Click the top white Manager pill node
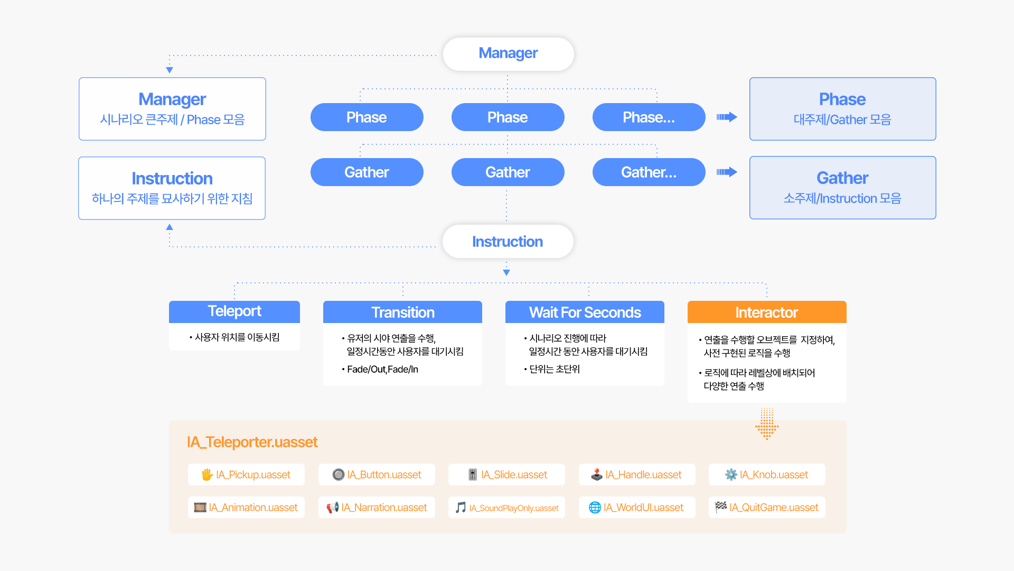pos(508,53)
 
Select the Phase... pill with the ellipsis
pos(649,117)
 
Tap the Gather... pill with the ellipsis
pos(649,172)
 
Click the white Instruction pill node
pos(508,242)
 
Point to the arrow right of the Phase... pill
pos(727,117)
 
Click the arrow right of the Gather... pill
pos(727,172)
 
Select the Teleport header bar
pos(234,311)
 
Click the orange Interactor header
pos(766,312)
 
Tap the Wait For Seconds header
pos(585,312)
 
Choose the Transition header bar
pos(402,312)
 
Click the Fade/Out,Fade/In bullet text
pos(382,370)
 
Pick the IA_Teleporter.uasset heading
pos(252,442)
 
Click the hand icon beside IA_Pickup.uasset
pos(207,475)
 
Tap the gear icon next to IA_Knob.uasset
pos(731,475)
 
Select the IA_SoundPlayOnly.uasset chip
pos(507,508)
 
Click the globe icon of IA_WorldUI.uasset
pos(595,508)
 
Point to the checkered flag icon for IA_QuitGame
pos(720,507)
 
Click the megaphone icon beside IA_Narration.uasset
pos(332,508)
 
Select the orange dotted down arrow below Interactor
pos(767,424)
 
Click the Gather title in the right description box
pos(842,178)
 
